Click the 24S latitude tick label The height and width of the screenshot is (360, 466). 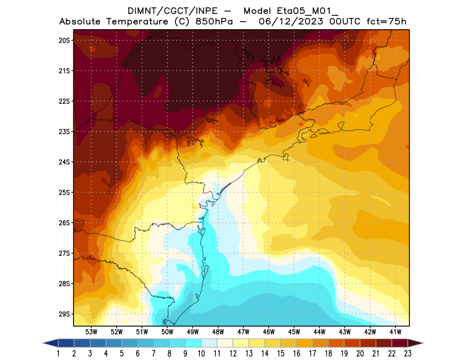pos(64,162)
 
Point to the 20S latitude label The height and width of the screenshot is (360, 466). pos(64,40)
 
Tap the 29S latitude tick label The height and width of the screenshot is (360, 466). pos(64,314)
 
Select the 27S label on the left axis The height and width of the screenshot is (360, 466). pos(64,253)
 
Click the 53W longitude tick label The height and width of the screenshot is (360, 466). pos(91,331)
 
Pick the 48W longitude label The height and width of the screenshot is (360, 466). pos(218,331)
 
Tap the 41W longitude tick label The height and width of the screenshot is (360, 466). pos(396,331)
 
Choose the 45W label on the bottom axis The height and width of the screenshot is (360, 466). pos(294,331)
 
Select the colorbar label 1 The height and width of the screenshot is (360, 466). pos(59,354)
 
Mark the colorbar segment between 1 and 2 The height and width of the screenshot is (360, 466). pos(66,343)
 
